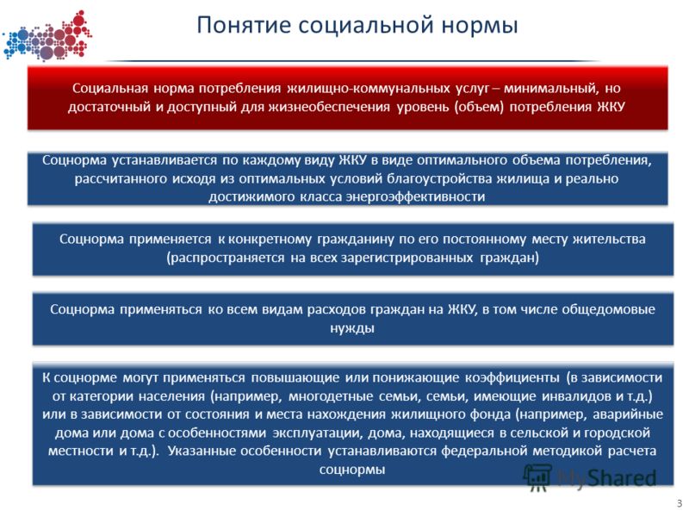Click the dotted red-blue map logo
(47, 36)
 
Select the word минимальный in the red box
(550, 89)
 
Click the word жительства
(611, 240)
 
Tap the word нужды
(352, 328)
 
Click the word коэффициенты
(512, 378)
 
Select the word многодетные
(331, 396)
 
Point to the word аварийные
(628, 414)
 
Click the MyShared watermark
(590, 478)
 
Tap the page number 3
(680, 504)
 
